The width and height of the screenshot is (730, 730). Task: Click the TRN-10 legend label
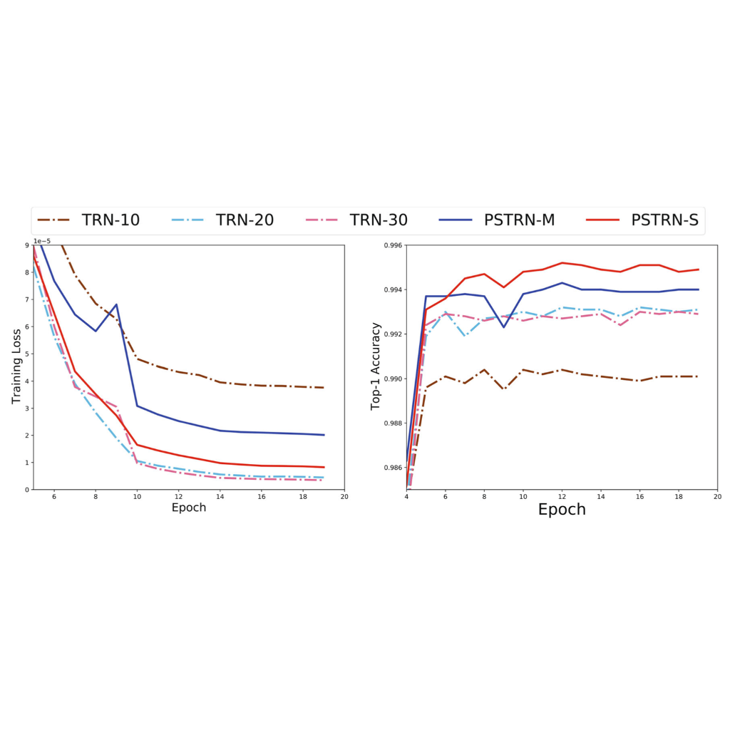click(110, 220)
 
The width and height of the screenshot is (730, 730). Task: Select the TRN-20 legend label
click(245, 220)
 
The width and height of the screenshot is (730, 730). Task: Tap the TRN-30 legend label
click(379, 220)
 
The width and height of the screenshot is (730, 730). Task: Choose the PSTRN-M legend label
click(519, 220)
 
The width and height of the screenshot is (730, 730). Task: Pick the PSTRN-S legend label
click(664, 220)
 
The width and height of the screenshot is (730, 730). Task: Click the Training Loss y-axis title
click(17, 367)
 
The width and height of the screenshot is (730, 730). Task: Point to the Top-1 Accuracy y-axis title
click(376, 367)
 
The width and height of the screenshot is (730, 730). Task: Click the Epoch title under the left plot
click(189, 508)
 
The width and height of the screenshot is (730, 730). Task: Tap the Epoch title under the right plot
click(562, 510)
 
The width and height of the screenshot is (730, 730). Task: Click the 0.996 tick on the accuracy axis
click(394, 245)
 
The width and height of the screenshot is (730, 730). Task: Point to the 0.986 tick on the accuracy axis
click(394, 468)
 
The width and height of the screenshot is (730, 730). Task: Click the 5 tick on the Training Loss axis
click(27, 354)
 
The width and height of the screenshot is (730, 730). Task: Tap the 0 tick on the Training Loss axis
click(27, 490)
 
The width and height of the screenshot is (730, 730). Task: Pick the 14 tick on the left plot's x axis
click(220, 496)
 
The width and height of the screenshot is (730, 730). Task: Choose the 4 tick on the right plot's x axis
click(406, 496)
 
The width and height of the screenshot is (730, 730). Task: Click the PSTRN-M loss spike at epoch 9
click(116, 304)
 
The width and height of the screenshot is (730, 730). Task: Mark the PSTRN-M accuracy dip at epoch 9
click(504, 327)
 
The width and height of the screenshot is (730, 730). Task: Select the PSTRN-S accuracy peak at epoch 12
click(562, 263)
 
